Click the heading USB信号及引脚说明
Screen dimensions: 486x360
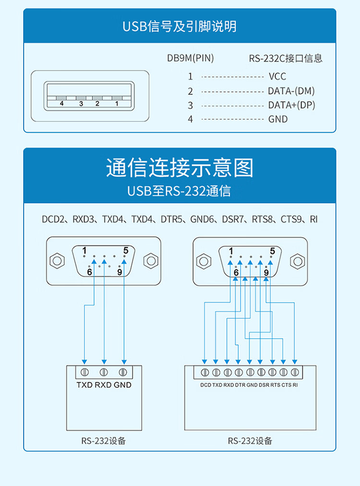point(180,26)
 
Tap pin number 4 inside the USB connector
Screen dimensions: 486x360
point(61,103)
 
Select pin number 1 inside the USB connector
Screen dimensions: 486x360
point(116,103)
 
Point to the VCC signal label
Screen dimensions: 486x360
point(277,76)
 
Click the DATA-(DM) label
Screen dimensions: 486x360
point(291,91)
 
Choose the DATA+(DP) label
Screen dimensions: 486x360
point(291,105)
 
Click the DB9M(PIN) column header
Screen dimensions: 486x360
point(190,59)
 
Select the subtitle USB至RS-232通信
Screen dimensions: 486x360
point(180,191)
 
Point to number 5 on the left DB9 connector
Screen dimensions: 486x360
point(126,250)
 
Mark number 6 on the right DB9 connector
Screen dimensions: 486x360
point(236,272)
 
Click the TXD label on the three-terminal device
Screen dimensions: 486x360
point(84,385)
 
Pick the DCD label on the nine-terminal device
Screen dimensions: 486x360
point(205,385)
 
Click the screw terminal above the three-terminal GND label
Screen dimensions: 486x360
point(123,372)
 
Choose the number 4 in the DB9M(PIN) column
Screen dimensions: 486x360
point(190,119)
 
